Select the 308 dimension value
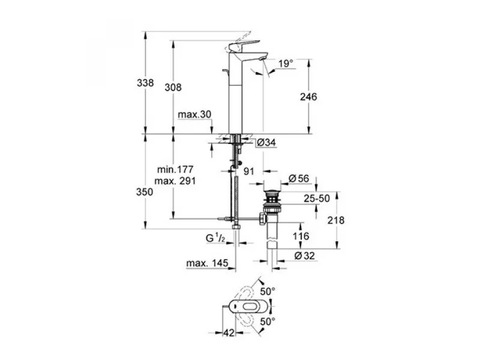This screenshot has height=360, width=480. [x=173, y=87]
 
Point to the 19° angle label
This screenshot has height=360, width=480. [x=286, y=63]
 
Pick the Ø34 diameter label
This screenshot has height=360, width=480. [x=266, y=143]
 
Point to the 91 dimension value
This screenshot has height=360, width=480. [x=250, y=171]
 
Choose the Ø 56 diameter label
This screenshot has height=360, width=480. [x=298, y=178]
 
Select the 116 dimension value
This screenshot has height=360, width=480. [x=301, y=236]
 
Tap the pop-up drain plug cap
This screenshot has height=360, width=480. [x=274, y=191]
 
